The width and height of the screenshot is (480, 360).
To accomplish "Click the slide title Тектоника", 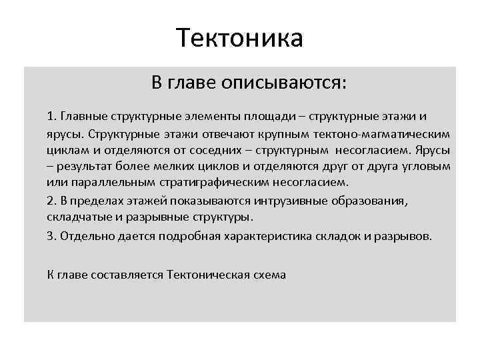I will pyautogui.click(x=240, y=38).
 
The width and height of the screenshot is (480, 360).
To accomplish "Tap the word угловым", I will pyautogui.click(x=429, y=165).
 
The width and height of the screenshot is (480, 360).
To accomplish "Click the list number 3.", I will pyautogui.click(x=51, y=236).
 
